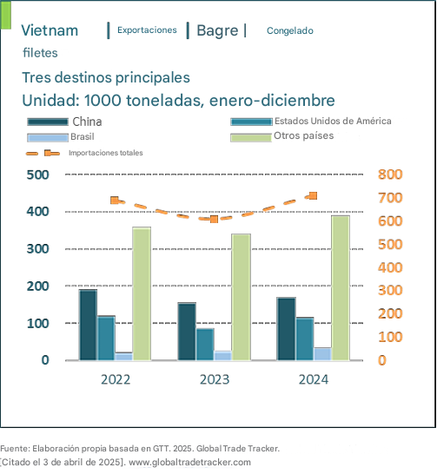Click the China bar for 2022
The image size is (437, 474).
click(x=89, y=325)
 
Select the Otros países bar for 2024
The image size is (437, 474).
click(x=341, y=288)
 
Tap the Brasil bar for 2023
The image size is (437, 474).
click(x=223, y=356)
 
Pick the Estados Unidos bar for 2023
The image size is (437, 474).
click(x=205, y=345)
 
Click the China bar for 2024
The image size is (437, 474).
click(x=287, y=329)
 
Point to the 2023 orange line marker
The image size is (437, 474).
click(x=214, y=219)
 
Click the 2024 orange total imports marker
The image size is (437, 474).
click(x=314, y=196)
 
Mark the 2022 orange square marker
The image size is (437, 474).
click(x=115, y=201)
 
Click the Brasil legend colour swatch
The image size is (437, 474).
click(x=48, y=137)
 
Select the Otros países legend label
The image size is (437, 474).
click(x=303, y=135)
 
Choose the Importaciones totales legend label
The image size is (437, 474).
click(x=105, y=153)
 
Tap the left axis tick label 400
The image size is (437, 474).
click(x=38, y=212)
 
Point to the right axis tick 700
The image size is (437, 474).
click(x=390, y=198)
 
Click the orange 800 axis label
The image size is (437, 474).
click(x=390, y=174)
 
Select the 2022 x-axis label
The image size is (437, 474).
click(x=116, y=379)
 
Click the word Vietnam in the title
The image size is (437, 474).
click(x=50, y=30)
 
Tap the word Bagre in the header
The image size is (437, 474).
click(x=217, y=31)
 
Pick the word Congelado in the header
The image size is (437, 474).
click(x=290, y=30)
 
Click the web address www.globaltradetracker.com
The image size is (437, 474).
click(x=189, y=462)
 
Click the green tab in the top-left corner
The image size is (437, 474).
click(x=6, y=15)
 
